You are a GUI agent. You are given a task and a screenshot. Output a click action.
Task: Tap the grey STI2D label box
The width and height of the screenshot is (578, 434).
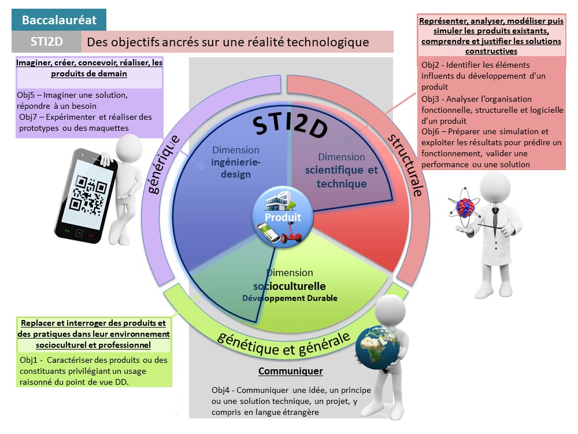(x=46, y=42)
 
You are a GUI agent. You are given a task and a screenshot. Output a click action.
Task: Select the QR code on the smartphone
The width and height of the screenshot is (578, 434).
(x=84, y=194)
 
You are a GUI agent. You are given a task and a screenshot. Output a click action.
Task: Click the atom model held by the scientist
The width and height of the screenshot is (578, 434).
(x=465, y=207)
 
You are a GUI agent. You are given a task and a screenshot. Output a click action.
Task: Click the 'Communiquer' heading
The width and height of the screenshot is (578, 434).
(x=290, y=371)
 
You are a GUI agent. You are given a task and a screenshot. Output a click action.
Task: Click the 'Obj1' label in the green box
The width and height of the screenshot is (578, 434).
(x=29, y=360)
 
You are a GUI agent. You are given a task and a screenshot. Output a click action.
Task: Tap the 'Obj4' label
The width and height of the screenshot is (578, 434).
(x=221, y=389)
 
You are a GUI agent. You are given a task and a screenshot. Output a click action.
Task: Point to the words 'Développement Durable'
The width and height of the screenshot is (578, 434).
(x=290, y=298)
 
